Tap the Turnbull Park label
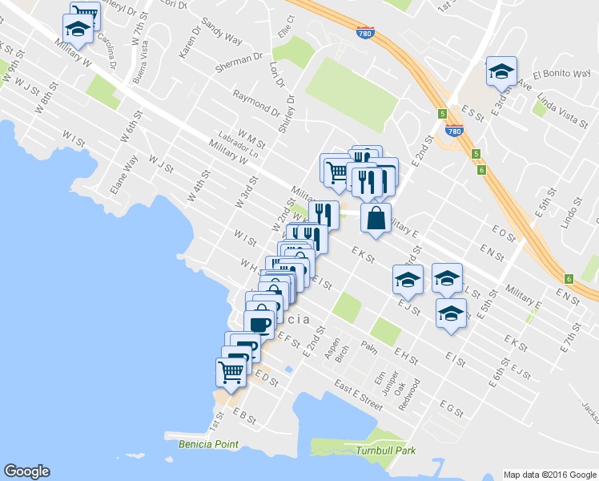coord(387,451)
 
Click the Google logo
coord(26,471)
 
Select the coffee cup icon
coord(259,324)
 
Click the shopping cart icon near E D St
coord(231,371)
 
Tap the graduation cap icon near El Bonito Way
coord(501,71)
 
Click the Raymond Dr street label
coord(255,101)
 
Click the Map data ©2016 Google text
coord(549,474)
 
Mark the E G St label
coord(451,410)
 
